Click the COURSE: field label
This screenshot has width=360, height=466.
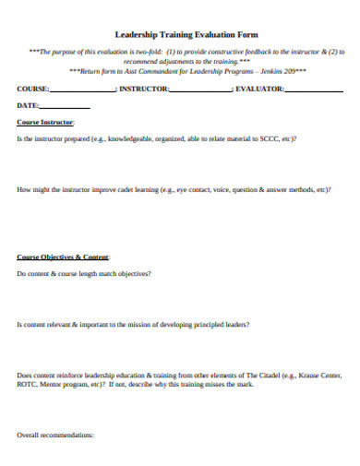[33, 89]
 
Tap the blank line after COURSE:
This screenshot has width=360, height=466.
[83, 90]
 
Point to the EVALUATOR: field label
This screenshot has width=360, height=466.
[260, 89]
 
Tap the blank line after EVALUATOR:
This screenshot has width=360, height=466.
[313, 90]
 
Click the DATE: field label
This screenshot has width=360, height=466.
[28, 105]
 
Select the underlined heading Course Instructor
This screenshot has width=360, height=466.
[46, 122]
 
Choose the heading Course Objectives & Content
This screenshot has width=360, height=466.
[64, 256]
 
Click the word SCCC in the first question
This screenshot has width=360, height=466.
[269, 138]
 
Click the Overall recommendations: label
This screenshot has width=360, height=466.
[56, 434]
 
